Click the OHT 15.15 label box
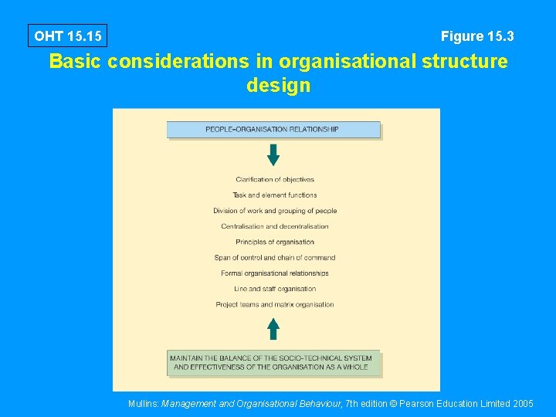(x=67, y=36)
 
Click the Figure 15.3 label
(x=477, y=36)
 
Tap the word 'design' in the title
(x=278, y=86)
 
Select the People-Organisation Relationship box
(x=273, y=130)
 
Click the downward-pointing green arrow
(x=273, y=154)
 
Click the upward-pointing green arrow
(x=273, y=329)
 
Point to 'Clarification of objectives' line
(x=275, y=180)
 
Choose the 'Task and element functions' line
(x=275, y=195)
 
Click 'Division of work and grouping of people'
(x=275, y=211)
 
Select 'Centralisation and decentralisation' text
(x=275, y=226)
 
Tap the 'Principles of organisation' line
(x=275, y=242)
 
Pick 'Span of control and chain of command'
(x=275, y=258)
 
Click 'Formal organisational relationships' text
(x=275, y=273)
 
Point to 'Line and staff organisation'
(x=275, y=289)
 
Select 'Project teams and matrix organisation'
(x=275, y=304)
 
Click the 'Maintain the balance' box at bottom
(x=274, y=363)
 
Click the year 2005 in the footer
(x=522, y=403)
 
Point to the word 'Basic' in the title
(x=75, y=62)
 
